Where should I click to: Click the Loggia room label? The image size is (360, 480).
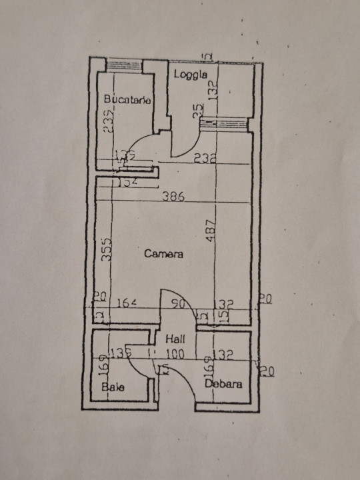[x=192, y=74]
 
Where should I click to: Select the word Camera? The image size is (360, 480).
[x=163, y=253]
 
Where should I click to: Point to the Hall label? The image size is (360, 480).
[x=175, y=339]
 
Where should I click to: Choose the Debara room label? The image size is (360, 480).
[x=223, y=384]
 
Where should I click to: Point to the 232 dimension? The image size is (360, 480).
[x=205, y=159]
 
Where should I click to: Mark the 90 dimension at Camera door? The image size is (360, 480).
[x=179, y=305]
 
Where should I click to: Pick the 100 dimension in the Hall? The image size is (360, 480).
[x=175, y=355]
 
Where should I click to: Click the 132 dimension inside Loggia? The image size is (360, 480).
[x=213, y=90]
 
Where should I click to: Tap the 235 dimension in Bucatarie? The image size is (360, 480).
[x=109, y=122]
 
